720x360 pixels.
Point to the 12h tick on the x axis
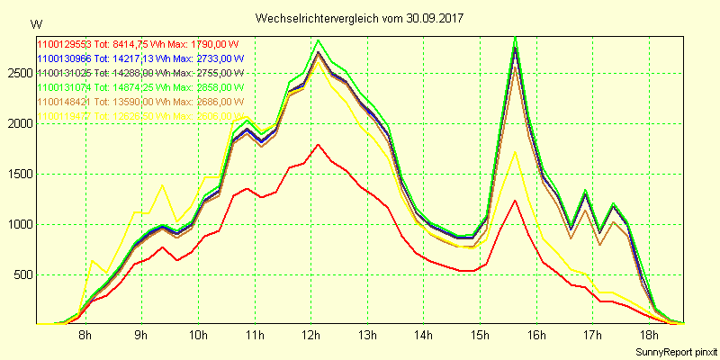310,337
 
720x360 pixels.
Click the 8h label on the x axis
85,337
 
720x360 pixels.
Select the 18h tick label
649,337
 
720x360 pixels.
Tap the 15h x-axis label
480,337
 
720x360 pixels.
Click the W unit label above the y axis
35,22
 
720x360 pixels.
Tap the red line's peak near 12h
319,144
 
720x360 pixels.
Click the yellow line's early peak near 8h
93,260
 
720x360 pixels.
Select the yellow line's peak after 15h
515,151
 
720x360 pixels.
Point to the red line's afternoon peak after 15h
515,201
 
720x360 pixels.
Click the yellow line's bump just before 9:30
162,185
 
